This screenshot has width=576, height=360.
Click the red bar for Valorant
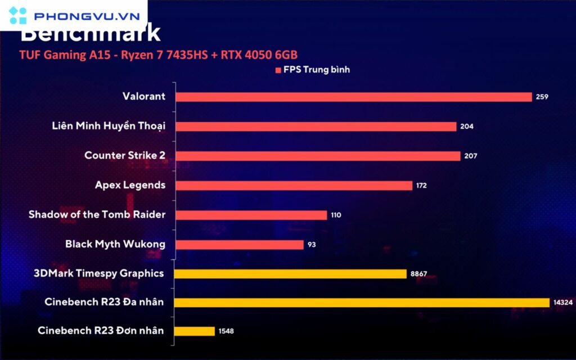pos(353,97)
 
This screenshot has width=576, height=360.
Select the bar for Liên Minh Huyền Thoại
pos(316,127)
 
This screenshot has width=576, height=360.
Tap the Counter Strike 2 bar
pos(318,156)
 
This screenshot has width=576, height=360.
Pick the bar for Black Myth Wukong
pos(240,245)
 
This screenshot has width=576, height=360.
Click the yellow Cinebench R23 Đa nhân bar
pos(362,303)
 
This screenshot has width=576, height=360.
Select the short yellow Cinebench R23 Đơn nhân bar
pos(195,331)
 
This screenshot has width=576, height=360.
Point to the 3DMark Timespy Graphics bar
pos(291,274)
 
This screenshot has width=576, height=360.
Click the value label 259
pos(542,97)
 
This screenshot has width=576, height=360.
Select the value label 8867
pos(419,274)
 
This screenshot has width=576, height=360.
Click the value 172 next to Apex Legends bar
pos(421,186)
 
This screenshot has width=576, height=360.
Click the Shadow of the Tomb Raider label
pos(97,214)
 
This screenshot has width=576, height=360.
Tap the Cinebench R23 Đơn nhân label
pos(101,330)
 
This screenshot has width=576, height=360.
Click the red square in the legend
pos(278,70)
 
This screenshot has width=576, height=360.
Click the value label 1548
pos(226,331)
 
